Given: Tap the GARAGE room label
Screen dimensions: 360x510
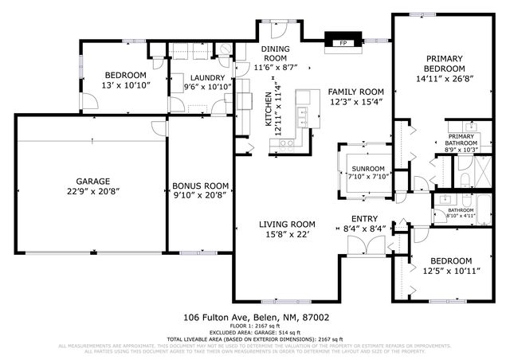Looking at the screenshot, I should (x=92, y=181).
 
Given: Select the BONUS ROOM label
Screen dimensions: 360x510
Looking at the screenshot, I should (x=201, y=185).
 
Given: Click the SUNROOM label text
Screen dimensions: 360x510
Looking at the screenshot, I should (x=367, y=169).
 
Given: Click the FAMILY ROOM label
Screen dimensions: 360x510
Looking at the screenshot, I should (x=357, y=92).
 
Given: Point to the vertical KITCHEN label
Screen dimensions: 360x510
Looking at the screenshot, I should (x=269, y=112).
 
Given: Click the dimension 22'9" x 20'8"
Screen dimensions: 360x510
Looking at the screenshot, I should (x=92, y=192).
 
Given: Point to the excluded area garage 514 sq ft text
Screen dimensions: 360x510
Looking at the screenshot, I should (x=255, y=332).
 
